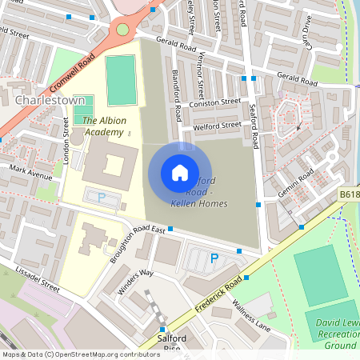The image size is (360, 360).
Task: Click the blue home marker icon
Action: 180,173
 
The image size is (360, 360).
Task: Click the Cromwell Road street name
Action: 71,73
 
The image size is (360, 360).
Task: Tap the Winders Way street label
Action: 134,282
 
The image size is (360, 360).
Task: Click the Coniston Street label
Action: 214,102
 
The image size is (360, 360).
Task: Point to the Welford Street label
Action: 217,126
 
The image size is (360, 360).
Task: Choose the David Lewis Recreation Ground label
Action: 335,334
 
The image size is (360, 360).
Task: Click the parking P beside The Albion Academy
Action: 102,197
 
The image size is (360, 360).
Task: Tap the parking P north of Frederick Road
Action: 214,258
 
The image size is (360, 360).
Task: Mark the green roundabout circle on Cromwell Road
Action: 122,30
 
